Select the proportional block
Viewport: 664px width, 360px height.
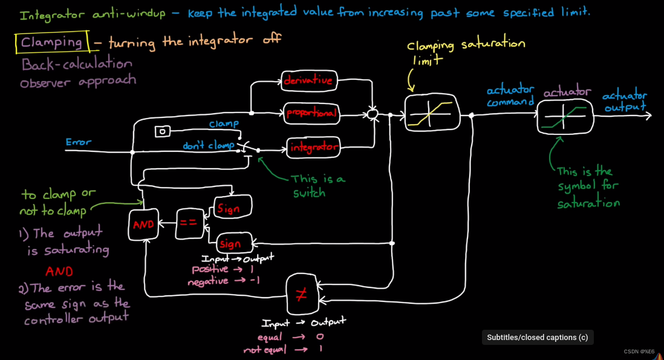[x=311, y=113]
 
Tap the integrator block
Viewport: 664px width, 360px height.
[x=313, y=148]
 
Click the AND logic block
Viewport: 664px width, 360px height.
[x=144, y=224]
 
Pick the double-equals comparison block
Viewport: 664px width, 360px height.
[x=188, y=223]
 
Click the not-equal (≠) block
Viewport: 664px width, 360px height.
[x=301, y=295]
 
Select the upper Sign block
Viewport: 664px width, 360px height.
[x=232, y=209]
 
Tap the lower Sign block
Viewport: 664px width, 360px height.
[x=233, y=244]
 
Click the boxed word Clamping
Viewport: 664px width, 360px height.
[x=52, y=42]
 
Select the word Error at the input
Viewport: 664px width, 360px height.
[x=79, y=142]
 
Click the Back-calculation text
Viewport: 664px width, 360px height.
[x=77, y=64]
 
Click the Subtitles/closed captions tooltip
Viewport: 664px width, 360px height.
[x=538, y=338]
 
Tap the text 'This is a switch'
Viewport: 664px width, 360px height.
[x=318, y=186]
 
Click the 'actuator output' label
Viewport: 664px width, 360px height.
[x=625, y=101]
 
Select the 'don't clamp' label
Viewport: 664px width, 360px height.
[x=209, y=146]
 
